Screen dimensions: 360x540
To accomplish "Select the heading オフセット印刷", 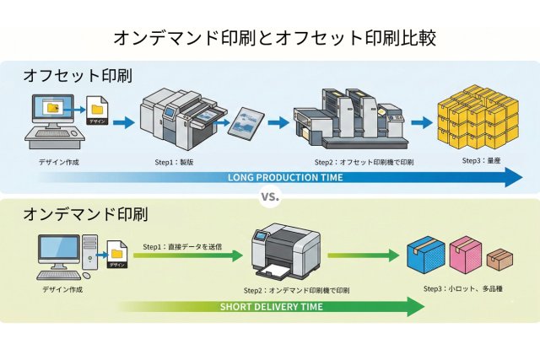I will click(x=78, y=76).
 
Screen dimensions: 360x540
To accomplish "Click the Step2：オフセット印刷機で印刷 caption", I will click(x=364, y=161).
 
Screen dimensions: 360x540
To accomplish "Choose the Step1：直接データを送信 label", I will click(x=182, y=246).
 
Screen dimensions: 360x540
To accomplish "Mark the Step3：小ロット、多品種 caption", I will click(x=462, y=287).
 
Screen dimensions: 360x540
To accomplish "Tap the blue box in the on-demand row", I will click(x=424, y=253).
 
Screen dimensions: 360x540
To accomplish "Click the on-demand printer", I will click(x=286, y=251).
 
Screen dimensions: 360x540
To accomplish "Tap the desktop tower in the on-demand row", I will click(x=91, y=254).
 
